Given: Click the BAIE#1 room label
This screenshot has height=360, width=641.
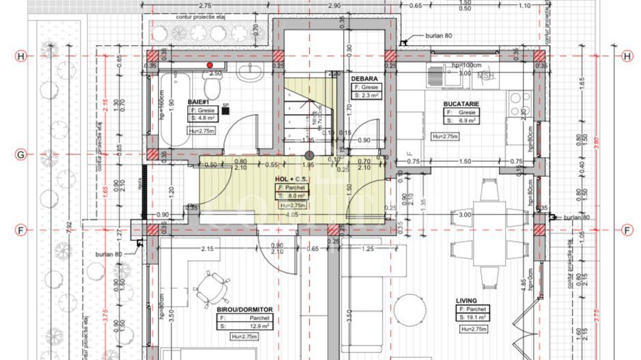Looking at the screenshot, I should click(197, 101).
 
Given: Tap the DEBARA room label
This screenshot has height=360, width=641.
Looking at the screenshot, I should click(364, 79).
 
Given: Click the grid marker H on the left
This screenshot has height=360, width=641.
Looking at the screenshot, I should click(21, 57).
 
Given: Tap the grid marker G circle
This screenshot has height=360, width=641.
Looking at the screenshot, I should click(21, 155).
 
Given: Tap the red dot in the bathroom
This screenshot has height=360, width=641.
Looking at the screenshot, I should click(209, 65).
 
